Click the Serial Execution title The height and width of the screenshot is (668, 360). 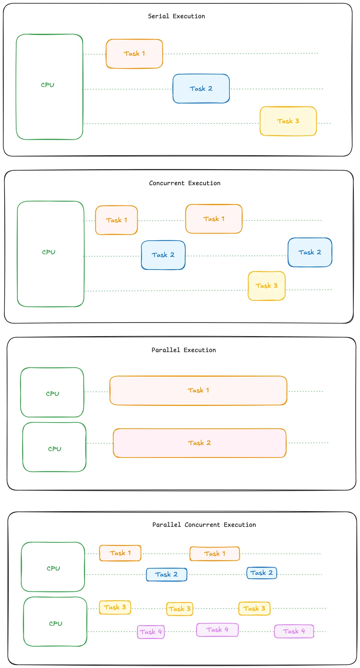coord(176,16)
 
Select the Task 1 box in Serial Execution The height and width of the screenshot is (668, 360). coord(134,54)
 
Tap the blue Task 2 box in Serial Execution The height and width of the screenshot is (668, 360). coord(201,89)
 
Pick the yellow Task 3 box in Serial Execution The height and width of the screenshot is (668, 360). coord(288,121)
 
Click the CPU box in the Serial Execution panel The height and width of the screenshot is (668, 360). coord(49,87)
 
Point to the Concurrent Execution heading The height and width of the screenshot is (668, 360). coord(185,183)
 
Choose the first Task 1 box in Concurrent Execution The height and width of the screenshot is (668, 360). coord(117,220)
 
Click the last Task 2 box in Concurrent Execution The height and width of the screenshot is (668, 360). coord(310,252)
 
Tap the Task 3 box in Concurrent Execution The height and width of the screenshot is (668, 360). coord(267,286)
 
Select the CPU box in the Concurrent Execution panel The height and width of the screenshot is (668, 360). coord(51,254)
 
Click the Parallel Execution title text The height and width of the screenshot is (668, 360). coord(184,350)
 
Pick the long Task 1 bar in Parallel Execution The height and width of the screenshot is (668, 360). coord(198,390)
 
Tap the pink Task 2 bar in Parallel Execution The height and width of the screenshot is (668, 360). coord(199,443)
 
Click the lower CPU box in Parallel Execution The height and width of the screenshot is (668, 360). coord(55,447)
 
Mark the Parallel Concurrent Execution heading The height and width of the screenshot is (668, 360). coord(204,525)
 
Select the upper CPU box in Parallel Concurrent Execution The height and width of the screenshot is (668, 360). coord(53,567)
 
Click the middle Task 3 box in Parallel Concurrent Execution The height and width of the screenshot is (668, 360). coord(180,609)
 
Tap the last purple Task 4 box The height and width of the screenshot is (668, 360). coord(294,631)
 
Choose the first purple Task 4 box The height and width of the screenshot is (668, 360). coord(151,632)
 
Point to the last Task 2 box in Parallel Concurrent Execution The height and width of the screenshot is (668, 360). coord(262,573)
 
